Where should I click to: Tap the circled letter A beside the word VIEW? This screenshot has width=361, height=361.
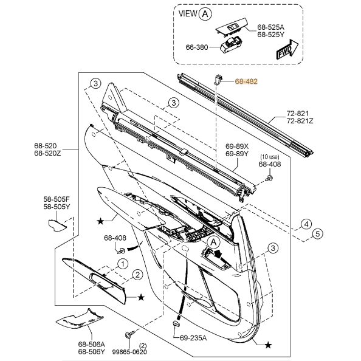pos(207,13)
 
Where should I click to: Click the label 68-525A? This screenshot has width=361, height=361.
pos(270,27)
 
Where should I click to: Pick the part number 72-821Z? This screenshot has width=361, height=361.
pos(300,122)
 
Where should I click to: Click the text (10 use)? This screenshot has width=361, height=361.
pos(270,156)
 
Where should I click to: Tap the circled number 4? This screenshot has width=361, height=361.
pos(306,224)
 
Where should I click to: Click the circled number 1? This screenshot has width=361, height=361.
pos(122,263)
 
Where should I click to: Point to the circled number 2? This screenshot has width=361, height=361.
pos(138,275)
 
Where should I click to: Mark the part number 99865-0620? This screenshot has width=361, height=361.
pos(129,352)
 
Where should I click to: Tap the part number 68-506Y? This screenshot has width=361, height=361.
pos(91,352)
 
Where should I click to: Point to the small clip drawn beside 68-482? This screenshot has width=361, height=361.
pos(217,77)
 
